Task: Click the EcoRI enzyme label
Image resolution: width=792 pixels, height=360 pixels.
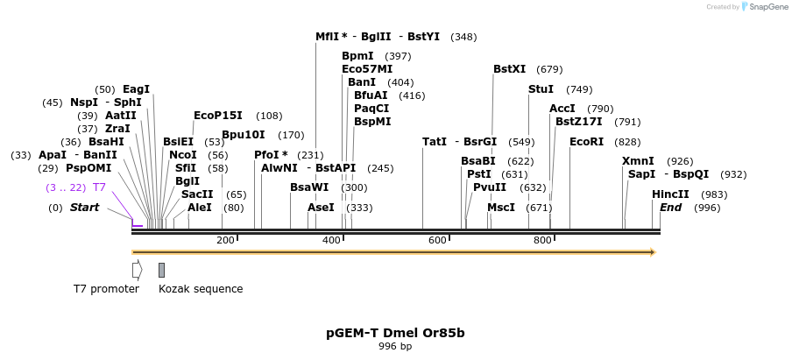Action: click(x=586, y=142)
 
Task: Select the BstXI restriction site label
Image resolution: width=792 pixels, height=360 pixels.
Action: click(x=509, y=69)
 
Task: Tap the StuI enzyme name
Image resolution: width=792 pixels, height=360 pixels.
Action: click(x=541, y=89)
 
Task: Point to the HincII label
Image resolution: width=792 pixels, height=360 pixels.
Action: click(x=670, y=194)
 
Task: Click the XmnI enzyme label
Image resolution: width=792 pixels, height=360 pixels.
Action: click(x=638, y=161)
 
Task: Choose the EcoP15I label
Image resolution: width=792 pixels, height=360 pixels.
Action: click(x=219, y=116)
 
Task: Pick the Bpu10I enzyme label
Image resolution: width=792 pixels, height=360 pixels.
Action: click(x=244, y=135)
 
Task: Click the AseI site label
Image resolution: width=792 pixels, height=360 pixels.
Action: click(x=321, y=208)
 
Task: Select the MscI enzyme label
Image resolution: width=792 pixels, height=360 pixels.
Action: click(x=501, y=208)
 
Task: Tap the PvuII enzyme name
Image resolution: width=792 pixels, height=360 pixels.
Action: click(x=490, y=187)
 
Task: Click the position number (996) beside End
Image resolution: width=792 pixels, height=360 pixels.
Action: click(x=707, y=208)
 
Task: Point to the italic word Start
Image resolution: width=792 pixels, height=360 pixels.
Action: click(x=84, y=208)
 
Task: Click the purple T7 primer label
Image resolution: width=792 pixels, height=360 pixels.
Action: click(x=99, y=187)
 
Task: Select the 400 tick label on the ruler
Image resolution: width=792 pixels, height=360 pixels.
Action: click(x=331, y=240)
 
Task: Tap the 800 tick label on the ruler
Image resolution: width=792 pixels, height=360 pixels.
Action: click(x=542, y=240)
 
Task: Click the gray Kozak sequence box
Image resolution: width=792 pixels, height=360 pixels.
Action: click(x=161, y=270)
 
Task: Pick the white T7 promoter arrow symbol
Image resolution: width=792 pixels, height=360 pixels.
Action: click(x=137, y=270)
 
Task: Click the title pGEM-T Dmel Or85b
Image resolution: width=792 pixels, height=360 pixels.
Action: click(x=395, y=333)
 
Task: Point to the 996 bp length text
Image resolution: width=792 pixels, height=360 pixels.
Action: click(x=395, y=347)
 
